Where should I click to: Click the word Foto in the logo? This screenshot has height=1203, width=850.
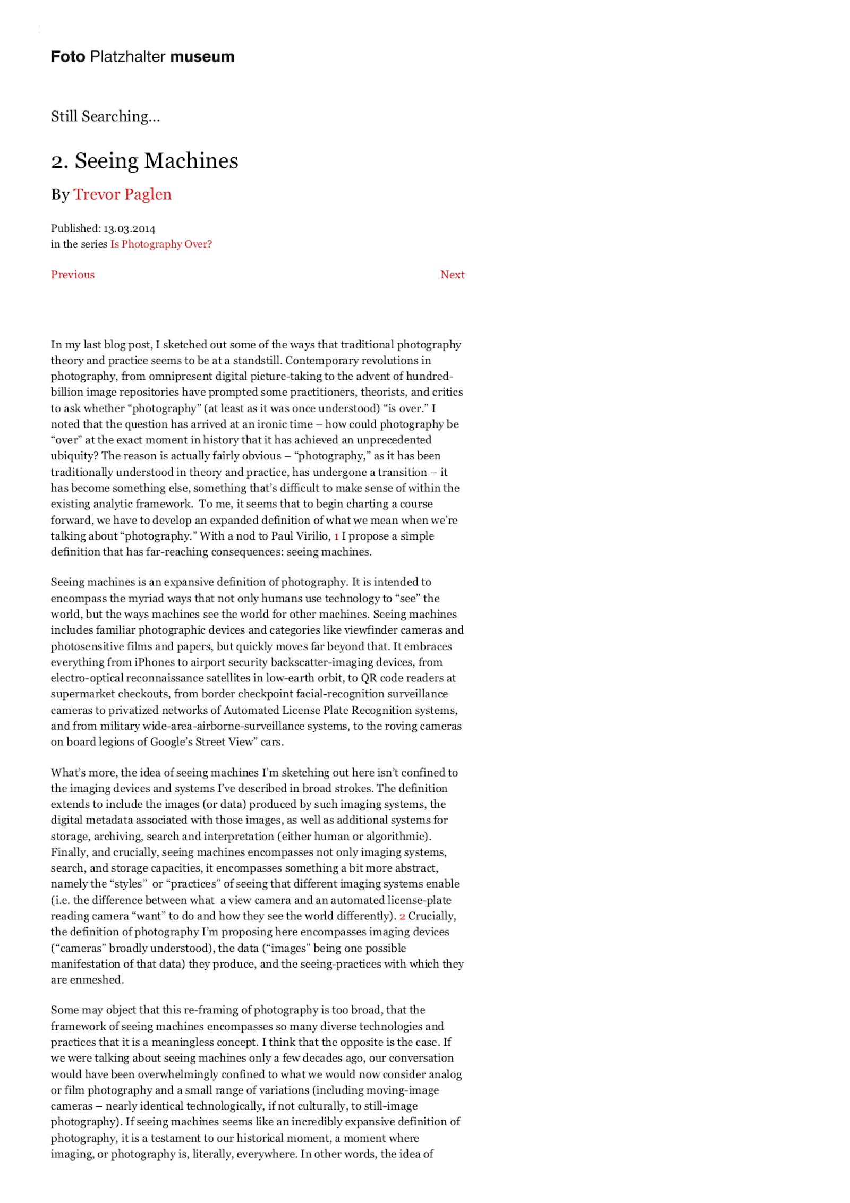click(67, 57)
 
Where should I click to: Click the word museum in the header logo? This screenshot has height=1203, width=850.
click(202, 57)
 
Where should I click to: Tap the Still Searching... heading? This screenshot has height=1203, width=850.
click(105, 116)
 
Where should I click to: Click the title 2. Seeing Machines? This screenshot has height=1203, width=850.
click(144, 161)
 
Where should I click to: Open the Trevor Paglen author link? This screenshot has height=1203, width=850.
click(122, 194)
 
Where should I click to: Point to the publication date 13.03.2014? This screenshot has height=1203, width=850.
click(129, 229)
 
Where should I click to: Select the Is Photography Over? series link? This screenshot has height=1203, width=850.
click(161, 244)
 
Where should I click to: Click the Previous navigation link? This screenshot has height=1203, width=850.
click(73, 275)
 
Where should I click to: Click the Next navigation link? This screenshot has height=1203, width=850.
click(452, 275)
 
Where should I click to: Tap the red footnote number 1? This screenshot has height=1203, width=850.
click(336, 536)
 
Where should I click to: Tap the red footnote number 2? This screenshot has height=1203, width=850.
click(402, 916)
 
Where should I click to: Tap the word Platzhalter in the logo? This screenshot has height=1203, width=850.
click(128, 57)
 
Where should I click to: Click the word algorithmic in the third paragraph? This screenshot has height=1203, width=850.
click(397, 837)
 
